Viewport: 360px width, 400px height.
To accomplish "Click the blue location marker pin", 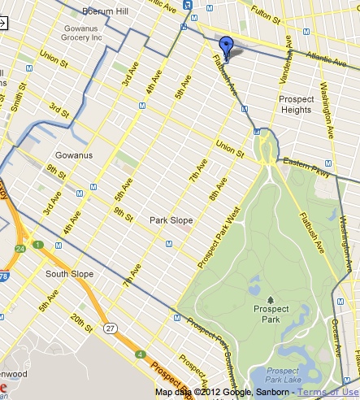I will (227, 47).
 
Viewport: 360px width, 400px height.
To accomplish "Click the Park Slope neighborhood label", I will (170, 220).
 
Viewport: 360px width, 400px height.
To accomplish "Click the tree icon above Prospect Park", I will (271, 299).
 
